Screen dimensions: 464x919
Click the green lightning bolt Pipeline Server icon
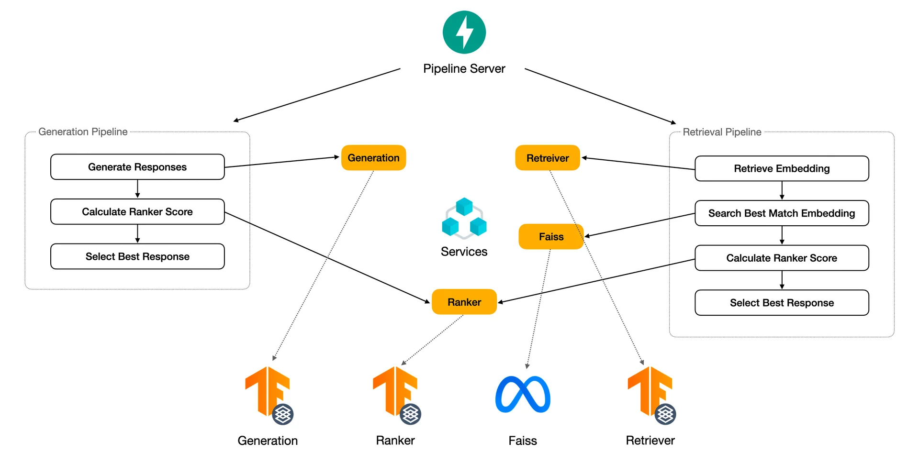[x=464, y=32]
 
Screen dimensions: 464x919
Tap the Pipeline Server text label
[x=464, y=69]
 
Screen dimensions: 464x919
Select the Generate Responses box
[x=137, y=167]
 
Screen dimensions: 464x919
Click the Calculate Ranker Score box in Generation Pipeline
[x=137, y=211]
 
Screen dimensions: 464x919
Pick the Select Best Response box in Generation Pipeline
[x=137, y=256]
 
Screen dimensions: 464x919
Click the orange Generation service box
[x=373, y=158]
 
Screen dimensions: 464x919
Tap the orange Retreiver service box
[x=548, y=158]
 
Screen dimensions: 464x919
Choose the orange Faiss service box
[x=551, y=236]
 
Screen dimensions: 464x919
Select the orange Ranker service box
[x=464, y=302]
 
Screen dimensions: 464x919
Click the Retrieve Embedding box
[x=782, y=168]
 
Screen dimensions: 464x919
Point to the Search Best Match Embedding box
[x=782, y=213]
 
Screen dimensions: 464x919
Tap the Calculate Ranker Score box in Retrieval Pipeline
[x=782, y=258]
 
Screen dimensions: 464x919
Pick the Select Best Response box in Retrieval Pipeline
[x=782, y=303]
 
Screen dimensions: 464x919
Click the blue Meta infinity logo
[x=523, y=394]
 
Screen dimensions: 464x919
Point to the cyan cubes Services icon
[x=464, y=218]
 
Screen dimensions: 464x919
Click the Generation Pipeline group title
[x=83, y=132]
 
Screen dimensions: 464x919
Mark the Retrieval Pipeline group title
[x=722, y=132]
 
